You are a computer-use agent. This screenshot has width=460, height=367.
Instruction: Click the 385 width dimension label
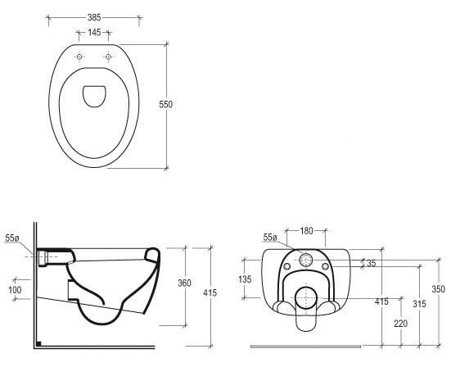coord(94,18)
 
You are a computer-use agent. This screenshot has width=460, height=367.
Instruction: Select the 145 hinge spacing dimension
coord(94,32)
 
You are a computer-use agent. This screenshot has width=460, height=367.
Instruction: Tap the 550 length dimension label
coord(166,104)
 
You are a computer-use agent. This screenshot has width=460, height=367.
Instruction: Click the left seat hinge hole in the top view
coord(79,57)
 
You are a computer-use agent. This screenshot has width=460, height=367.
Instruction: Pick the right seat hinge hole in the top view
coord(108,57)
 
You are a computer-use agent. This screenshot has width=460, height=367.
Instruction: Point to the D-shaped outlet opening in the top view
coord(94,97)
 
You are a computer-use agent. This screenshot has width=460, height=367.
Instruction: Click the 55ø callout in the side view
coord(12,238)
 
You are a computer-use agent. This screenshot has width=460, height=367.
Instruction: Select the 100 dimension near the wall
coord(15,290)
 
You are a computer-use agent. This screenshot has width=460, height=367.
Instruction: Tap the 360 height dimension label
coord(184,283)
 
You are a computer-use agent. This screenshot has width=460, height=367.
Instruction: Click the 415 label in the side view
coord(210,292)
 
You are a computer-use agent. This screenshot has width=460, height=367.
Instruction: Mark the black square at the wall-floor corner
coord(38,343)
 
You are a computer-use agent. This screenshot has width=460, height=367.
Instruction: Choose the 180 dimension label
coord(306,231)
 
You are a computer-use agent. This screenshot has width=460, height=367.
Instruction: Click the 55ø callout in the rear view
coord(270,238)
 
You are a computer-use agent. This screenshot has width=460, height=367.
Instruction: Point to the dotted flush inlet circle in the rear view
coord(305,261)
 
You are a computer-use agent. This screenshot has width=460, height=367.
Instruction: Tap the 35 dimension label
coord(371,263)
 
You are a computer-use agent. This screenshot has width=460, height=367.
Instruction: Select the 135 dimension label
coord(245,279)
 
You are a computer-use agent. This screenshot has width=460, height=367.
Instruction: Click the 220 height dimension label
coord(400,324)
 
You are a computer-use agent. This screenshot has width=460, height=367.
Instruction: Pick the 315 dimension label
coord(419,304)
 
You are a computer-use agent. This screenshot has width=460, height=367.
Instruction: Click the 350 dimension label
coord(438,289)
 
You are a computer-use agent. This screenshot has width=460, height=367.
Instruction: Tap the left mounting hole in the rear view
coord(287,266)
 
